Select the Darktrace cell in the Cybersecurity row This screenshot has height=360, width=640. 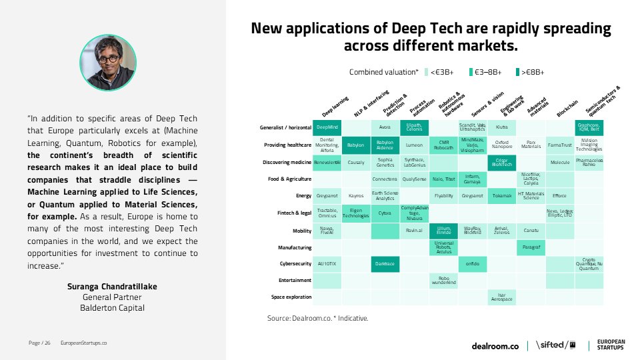click(385, 263)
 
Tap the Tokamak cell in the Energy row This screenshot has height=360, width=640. click(501, 196)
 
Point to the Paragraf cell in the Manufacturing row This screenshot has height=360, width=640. click(531, 247)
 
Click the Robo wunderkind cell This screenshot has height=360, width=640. click(443, 281)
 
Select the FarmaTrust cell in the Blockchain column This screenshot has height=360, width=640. click(559, 144)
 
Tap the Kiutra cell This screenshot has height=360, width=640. click(501, 127)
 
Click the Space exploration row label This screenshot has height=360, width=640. click(291, 297)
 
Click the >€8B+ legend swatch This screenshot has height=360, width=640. click(519, 72)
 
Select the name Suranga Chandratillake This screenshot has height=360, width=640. click(112, 287)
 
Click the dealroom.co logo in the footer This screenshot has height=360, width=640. click(495, 345)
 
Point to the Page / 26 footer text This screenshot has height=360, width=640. click(39, 343)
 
